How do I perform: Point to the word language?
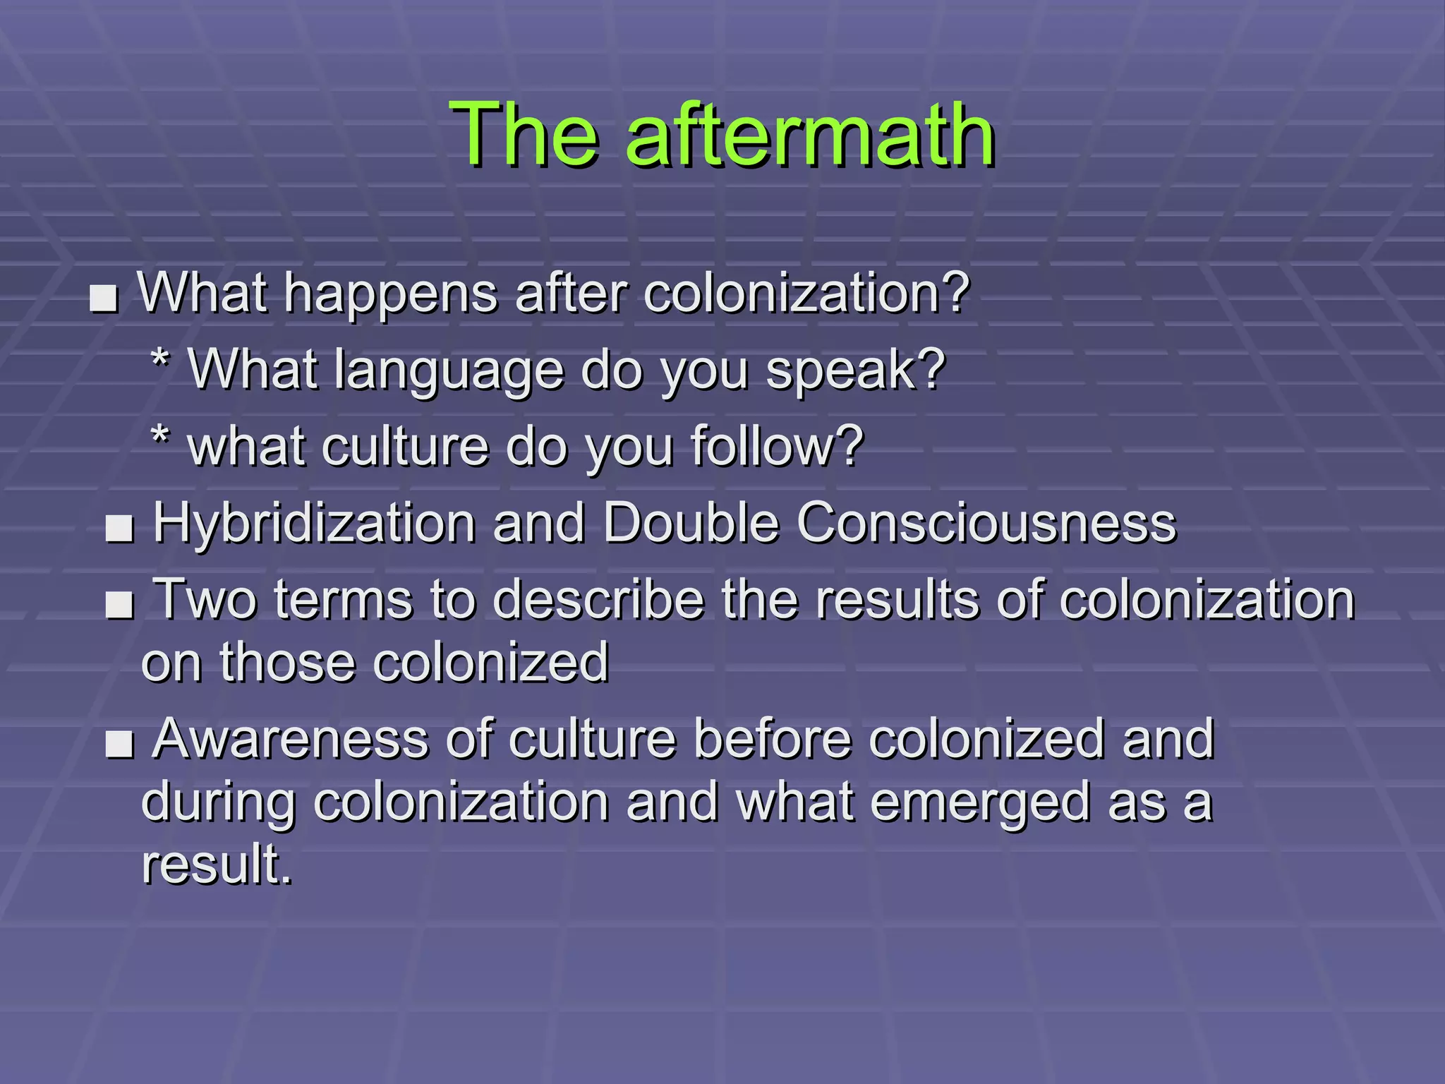tap(449, 371)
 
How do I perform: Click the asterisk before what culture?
tap(161, 437)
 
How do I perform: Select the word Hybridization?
tap(315, 524)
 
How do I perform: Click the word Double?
tap(691, 524)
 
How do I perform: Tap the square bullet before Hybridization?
tap(119, 529)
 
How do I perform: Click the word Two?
tap(205, 600)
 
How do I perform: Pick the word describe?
tap(598, 600)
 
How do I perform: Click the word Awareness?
tap(291, 740)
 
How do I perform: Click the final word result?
tap(216, 865)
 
